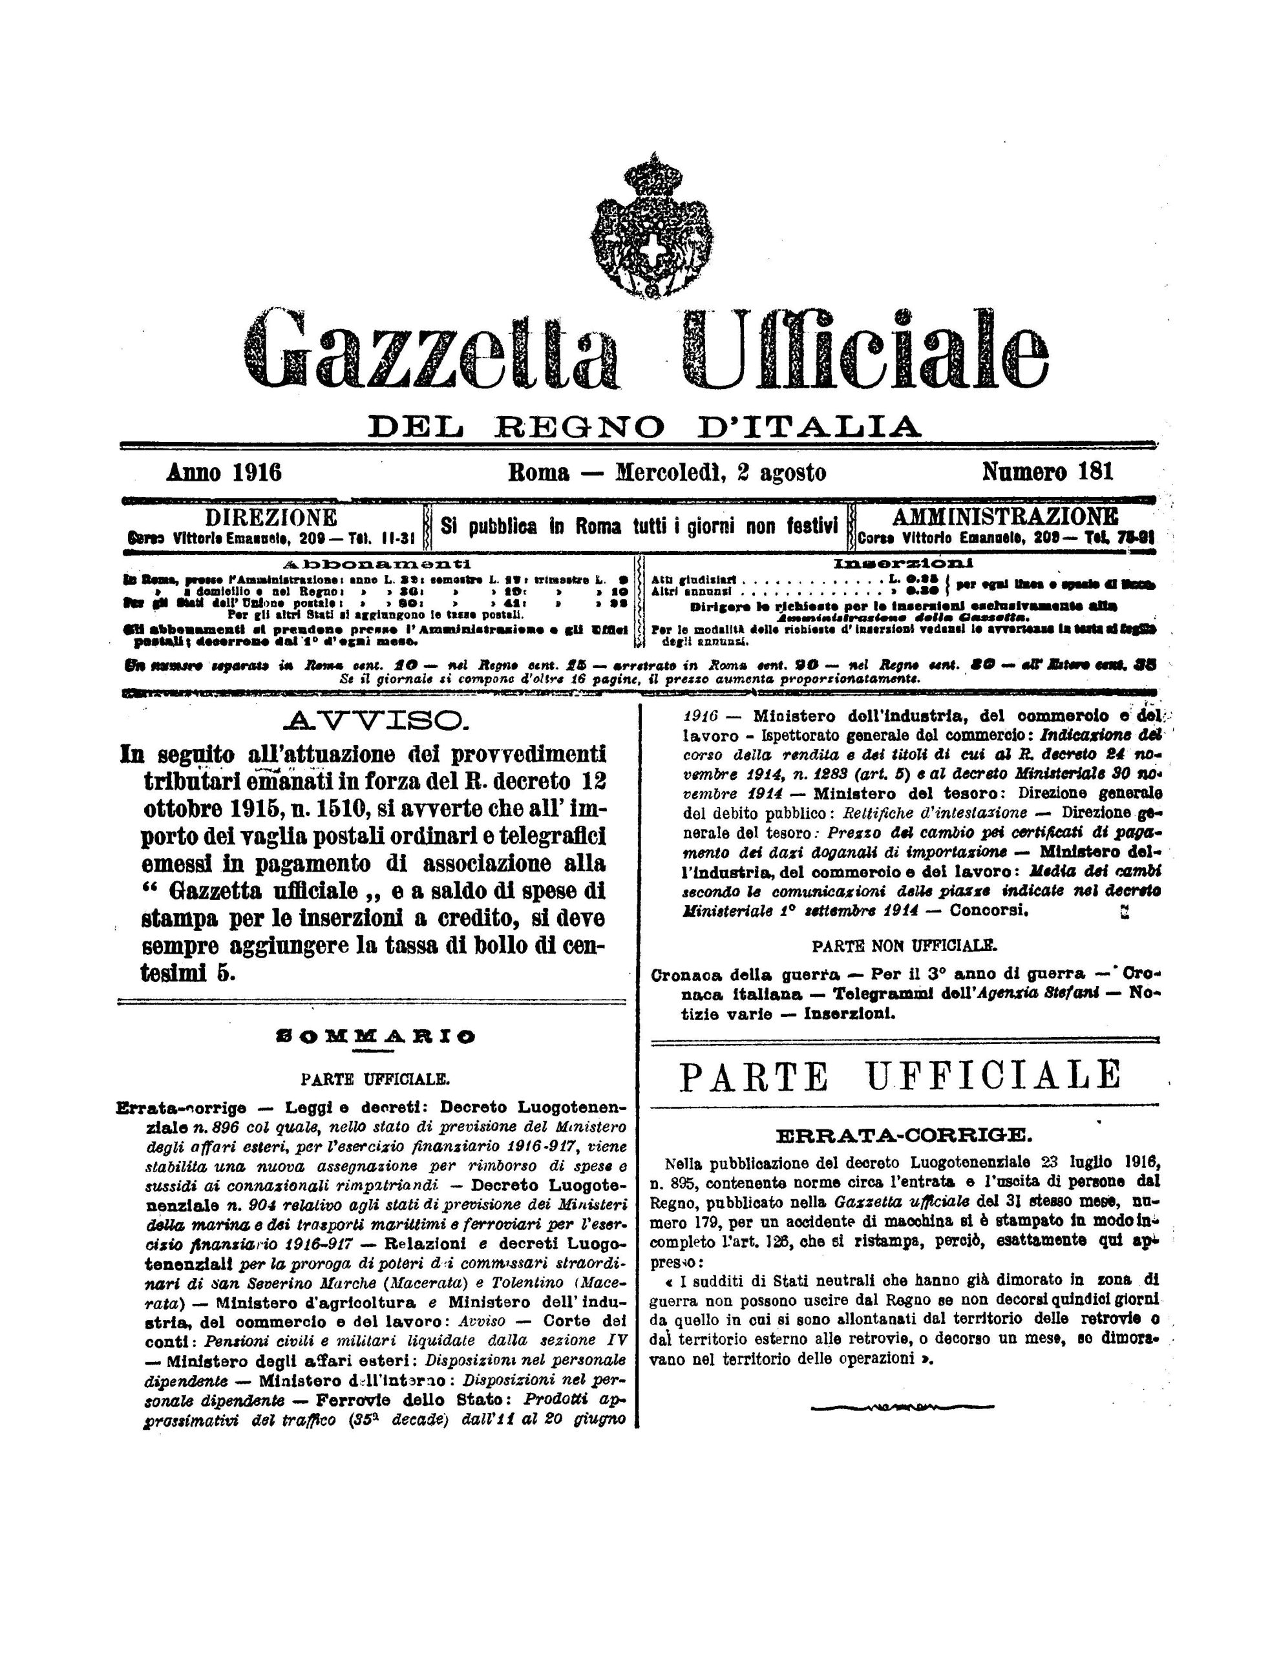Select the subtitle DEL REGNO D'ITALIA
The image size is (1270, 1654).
point(644,426)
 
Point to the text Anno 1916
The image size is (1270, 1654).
point(224,472)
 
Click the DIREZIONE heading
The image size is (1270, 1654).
point(271,518)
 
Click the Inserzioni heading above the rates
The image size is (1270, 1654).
point(903,563)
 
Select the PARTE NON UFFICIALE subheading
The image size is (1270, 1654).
point(904,945)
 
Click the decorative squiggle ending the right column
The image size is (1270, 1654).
point(902,1408)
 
